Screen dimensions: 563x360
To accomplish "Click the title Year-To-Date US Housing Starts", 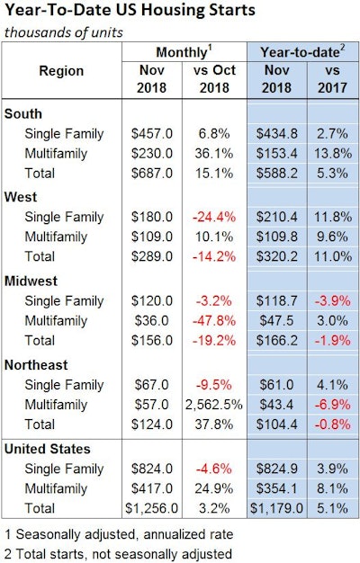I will [129, 12].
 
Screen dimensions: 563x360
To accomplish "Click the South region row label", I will [23, 114].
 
